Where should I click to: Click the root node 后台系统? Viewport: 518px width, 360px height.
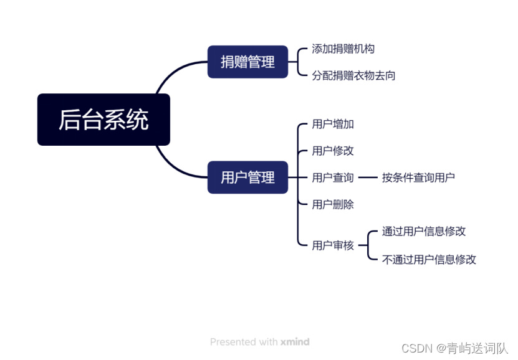coord(103,120)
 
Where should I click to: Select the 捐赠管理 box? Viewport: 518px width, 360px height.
coord(247,62)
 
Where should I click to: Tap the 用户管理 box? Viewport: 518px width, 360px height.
coord(247,177)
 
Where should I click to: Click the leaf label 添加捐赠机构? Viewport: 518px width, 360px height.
coord(343,49)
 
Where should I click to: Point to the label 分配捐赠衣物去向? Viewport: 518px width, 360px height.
coord(353,75)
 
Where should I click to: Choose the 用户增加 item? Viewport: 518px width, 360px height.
coord(333,124)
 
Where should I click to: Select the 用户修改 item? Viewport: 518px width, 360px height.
coord(333,151)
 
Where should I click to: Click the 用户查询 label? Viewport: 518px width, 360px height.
coord(333,178)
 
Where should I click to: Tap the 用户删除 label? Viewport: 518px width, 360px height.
coord(333,204)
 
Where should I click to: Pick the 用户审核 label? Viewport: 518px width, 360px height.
coord(333,245)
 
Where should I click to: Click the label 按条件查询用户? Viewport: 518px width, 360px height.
coord(418,178)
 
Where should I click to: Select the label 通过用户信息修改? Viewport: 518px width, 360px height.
coord(424,232)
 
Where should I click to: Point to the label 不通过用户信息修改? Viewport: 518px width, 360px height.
coord(429,259)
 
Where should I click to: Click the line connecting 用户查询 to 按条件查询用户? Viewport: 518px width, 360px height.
coord(368,178)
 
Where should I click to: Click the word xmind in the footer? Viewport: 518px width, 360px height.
coord(295,342)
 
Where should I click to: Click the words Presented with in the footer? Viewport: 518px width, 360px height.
coord(243,342)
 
